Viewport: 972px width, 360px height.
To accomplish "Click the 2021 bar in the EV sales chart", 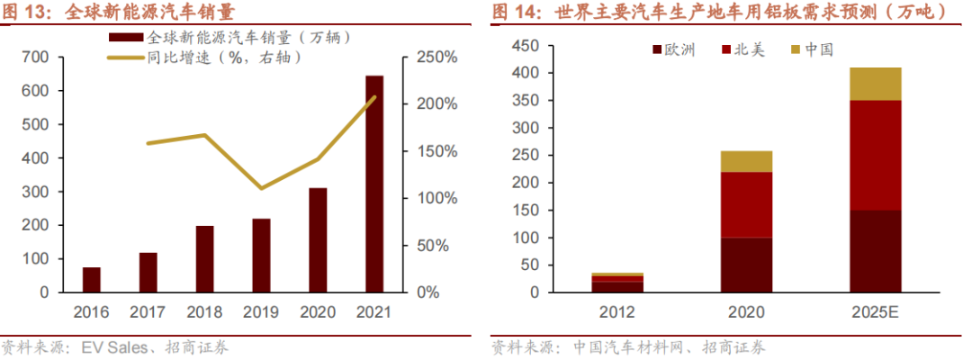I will pos(374,184).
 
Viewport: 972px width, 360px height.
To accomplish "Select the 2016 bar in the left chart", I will pos(91,280).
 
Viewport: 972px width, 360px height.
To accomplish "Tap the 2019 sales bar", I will pos(261,256).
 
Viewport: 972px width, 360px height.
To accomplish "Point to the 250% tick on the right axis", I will pos(436,58).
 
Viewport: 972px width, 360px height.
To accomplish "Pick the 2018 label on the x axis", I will pos(204,312).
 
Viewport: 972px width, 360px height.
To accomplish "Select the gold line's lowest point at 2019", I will pos(261,189).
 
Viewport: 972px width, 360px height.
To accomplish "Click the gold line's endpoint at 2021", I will pos(374,97).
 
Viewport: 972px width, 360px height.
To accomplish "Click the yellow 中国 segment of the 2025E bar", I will pos(876,84).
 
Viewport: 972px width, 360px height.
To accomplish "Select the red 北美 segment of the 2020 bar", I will pos(745,205).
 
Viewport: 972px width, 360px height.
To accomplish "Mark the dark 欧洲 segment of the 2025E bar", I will pos(876,251).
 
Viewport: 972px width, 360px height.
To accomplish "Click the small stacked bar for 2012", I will pos(616,283).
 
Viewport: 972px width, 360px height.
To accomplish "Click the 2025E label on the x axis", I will pos(876,312).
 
